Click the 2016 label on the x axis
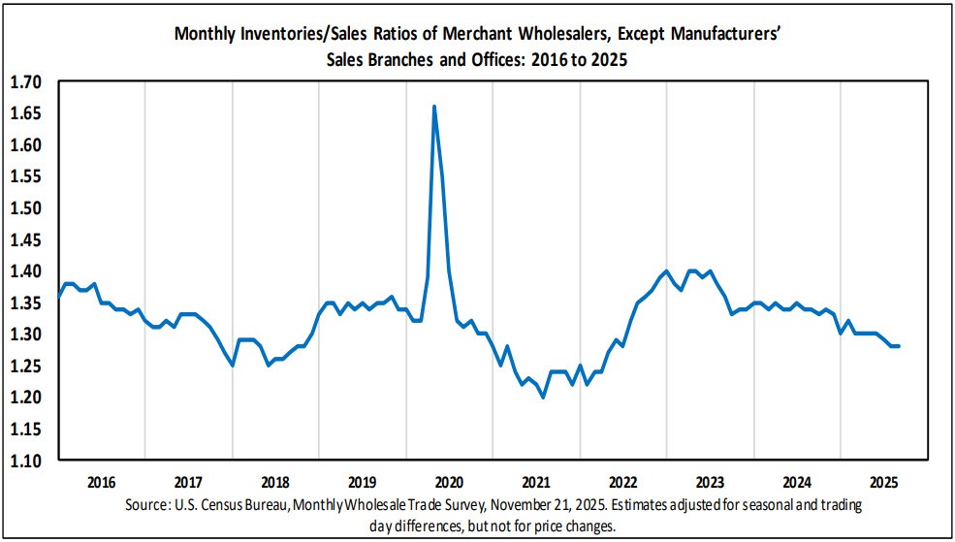pyautogui.click(x=101, y=482)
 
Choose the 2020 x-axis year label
pyautogui.click(x=449, y=482)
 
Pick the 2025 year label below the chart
pyautogui.click(x=884, y=482)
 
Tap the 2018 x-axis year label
pyautogui.click(x=275, y=482)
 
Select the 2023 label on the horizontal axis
pyautogui.click(x=710, y=482)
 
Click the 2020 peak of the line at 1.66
pyautogui.click(x=433, y=106)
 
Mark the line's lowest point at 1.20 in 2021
pyautogui.click(x=543, y=397)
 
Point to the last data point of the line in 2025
pyautogui.click(x=899, y=346)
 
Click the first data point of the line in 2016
pyautogui.click(x=58, y=296)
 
